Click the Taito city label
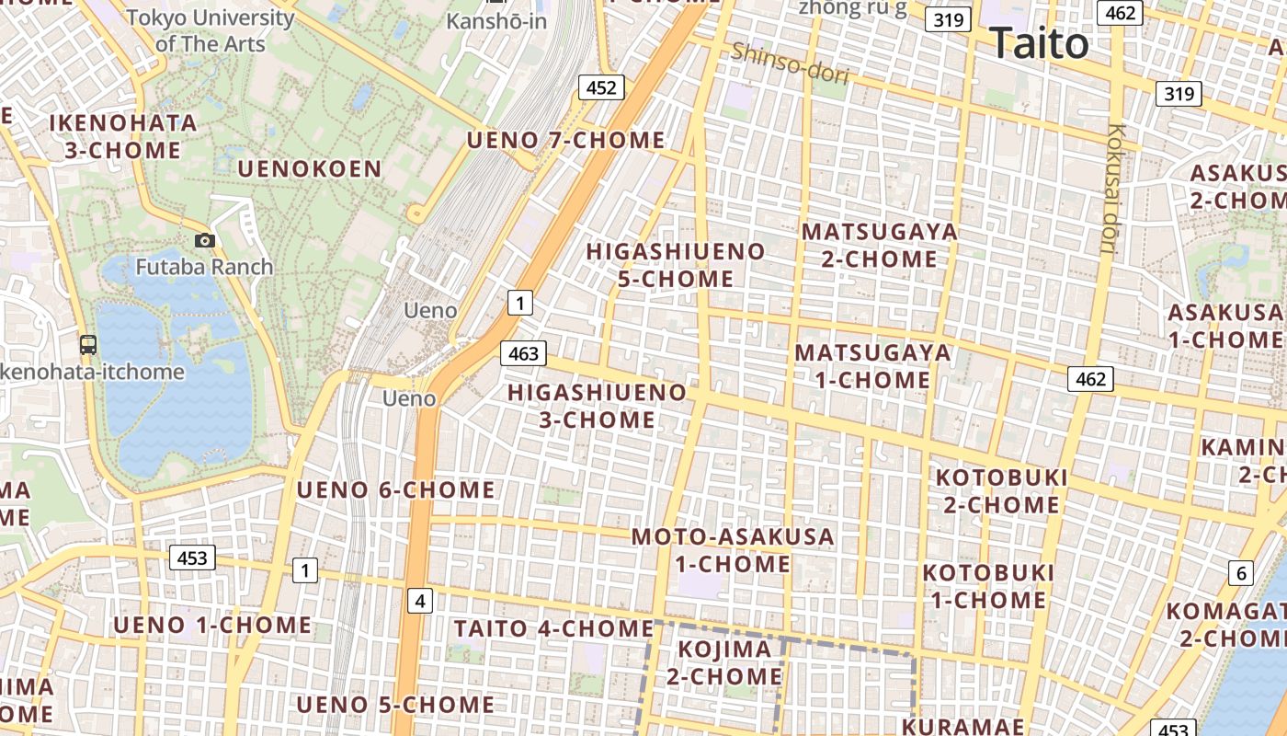click(1039, 43)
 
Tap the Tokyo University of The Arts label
click(211, 30)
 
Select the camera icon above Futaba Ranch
click(205, 241)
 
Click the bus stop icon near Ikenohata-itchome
click(88, 345)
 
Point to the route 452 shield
click(601, 87)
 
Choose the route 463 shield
click(523, 353)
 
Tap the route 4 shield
click(420, 602)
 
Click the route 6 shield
click(1241, 574)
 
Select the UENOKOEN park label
click(309, 168)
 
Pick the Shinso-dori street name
click(790, 64)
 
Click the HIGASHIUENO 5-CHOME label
click(676, 265)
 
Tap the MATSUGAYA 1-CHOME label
click(872, 366)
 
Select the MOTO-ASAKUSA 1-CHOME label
click(733, 550)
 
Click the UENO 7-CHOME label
click(565, 141)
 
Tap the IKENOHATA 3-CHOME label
click(123, 136)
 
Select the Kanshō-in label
click(496, 20)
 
